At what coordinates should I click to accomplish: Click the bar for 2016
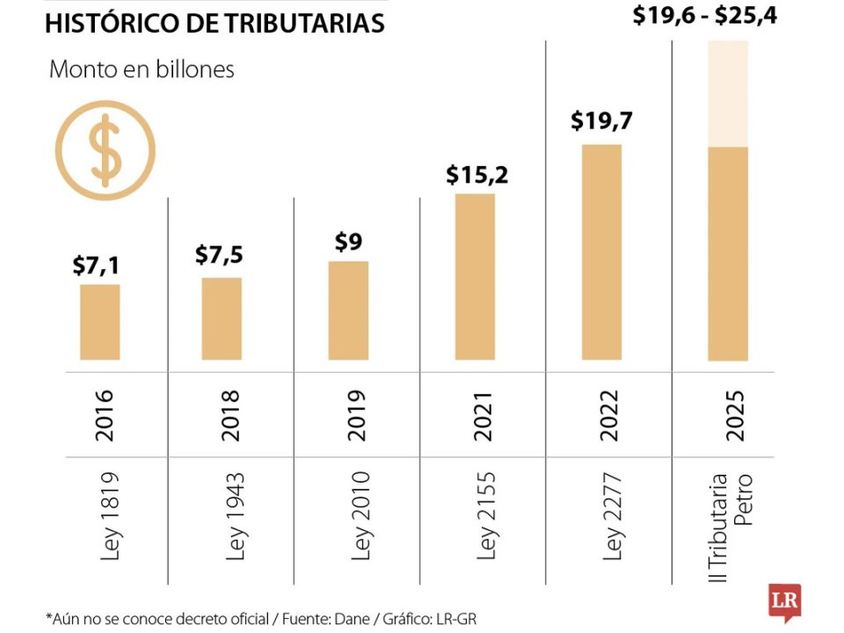(99, 322)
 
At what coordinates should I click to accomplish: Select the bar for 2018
(222, 318)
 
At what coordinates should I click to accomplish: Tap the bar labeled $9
(348, 310)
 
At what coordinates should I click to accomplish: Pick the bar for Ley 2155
(475, 276)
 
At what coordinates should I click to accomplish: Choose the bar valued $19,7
(602, 251)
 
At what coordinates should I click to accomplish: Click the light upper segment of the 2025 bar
(728, 93)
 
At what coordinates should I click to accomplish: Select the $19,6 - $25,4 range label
(704, 15)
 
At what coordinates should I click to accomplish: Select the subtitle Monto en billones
(142, 69)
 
